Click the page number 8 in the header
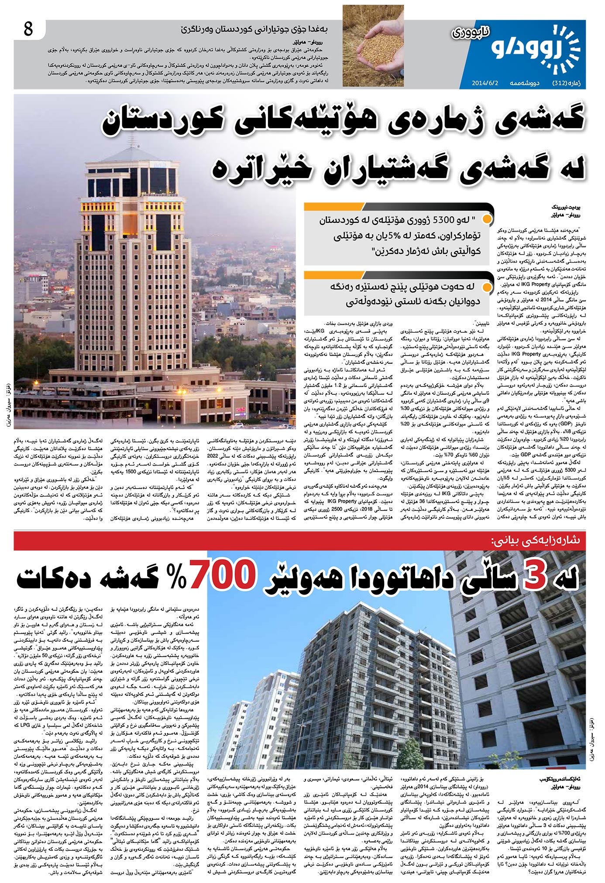click(x=28, y=31)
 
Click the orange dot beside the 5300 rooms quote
click(x=490, y=218)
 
